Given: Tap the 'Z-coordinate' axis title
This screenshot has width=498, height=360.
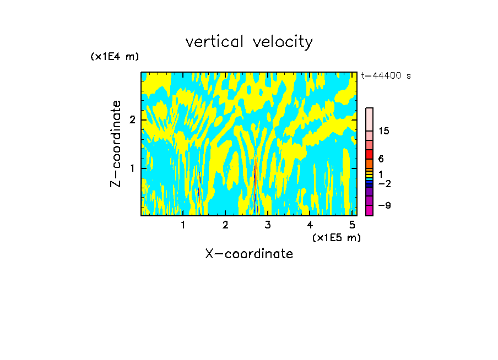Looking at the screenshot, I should [116, 144].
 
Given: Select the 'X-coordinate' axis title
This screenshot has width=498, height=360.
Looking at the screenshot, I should [249, 254].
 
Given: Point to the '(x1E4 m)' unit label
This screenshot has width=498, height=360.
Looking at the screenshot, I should [115, 56].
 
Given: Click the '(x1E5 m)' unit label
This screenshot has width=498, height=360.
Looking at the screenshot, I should [336, 237].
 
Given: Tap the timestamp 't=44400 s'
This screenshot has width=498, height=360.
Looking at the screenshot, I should [386, 76].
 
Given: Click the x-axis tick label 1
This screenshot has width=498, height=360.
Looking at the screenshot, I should [183, 225].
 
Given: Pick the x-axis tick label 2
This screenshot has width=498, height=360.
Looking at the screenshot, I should [225, 225].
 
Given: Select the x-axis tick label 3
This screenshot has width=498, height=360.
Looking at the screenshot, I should [268, 225].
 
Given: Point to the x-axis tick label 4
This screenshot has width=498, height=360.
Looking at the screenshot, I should [310, 225].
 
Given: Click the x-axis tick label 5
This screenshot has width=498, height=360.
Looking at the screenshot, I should [352, 225].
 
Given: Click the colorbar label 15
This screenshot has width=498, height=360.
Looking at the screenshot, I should [384, 131].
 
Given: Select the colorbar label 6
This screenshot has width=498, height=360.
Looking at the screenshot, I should [381, 159].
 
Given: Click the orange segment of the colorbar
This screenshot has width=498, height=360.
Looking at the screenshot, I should [369, 163].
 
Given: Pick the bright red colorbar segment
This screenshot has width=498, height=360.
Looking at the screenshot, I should [369, 154].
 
